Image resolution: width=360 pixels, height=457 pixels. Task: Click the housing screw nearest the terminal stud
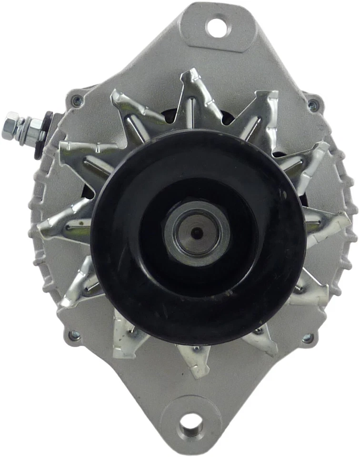[x=77, y=101]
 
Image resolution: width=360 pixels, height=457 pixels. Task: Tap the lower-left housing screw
[x=74, y=336]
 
